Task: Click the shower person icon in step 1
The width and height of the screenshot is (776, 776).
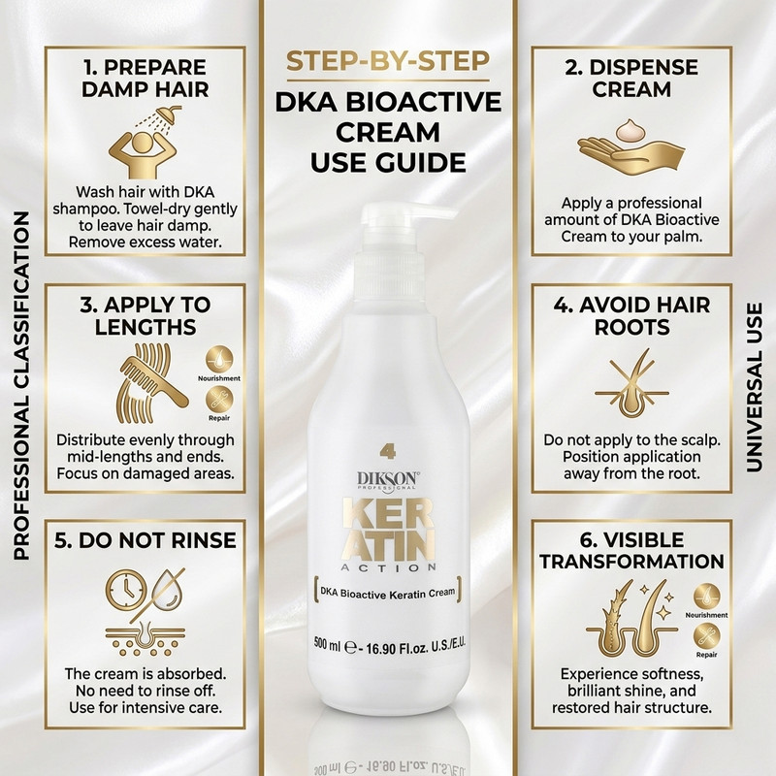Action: click(145, 143)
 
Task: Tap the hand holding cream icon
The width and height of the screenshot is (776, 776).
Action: click(631, 147)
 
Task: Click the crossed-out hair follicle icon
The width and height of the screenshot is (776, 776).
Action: click(631, 383)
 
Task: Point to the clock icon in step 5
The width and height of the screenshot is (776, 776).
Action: click(126, 589)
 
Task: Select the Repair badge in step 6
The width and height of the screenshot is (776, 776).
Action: click(707, 640)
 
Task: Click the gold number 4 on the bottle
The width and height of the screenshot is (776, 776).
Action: click(389, 452)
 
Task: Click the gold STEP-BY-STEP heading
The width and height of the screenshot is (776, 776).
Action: click(387, 61)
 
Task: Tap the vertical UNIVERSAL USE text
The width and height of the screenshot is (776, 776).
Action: click(755, 387)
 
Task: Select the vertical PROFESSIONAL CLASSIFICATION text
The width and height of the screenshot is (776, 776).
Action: click(20, 386)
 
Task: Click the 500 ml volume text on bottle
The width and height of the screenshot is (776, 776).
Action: click(328, 645)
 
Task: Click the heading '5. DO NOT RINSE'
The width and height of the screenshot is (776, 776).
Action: click(145, 540)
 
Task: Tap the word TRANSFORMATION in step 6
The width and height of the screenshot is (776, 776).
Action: click(632, 562)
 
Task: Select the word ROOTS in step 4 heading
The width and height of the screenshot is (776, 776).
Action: click(632, 327)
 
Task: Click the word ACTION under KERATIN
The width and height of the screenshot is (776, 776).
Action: click(389, 567)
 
